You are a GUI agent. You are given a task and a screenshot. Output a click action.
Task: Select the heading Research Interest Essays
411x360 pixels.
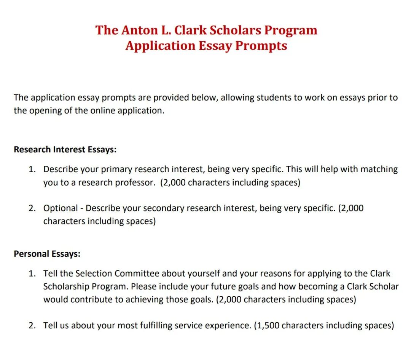click(x=65, y=149)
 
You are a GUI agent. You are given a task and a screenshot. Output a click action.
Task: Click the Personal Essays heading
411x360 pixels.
click(x=47, y=254)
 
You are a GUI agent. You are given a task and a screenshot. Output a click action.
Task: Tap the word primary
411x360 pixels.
click(x=116, y=169)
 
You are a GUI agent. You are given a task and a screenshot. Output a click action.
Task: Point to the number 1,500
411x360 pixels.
click(x=268, y=325)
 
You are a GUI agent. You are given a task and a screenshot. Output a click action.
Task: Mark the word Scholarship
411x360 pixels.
click(x=67, y=286)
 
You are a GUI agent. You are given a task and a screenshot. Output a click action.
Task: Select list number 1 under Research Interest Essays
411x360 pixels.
click(x=32, y=169)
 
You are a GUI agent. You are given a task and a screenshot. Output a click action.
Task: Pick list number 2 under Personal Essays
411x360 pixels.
click(x=32, y=325)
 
